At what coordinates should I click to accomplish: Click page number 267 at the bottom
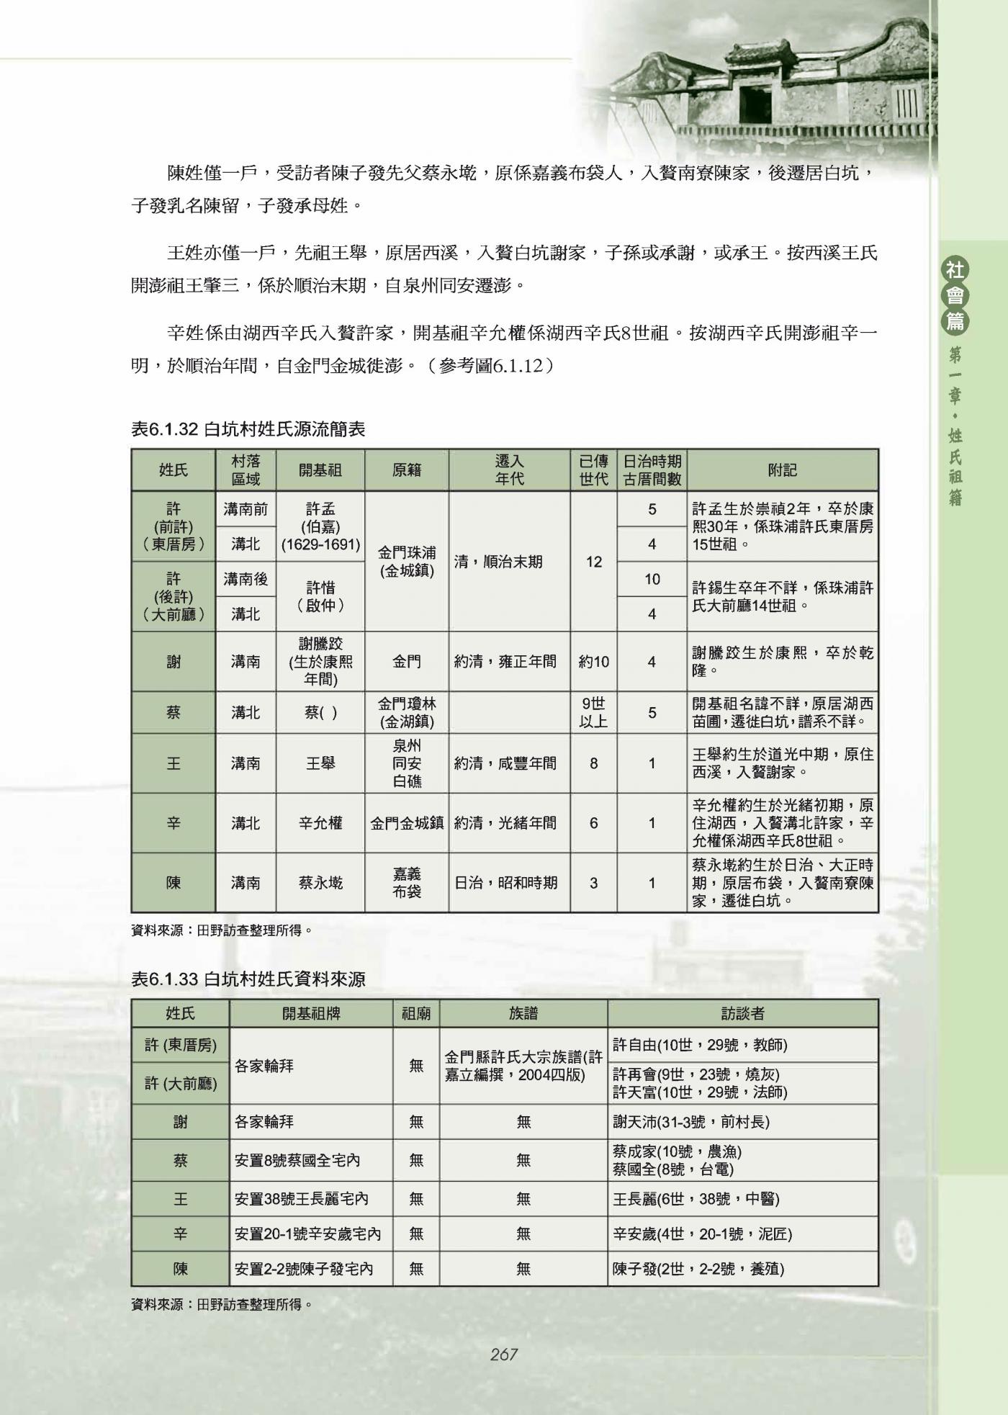click(x=503, y=1355)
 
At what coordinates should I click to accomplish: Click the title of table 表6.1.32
click(x=248, y=429)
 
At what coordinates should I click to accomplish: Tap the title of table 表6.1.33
click(x=248, y=979)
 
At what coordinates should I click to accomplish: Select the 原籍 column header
click(x=406, y=470)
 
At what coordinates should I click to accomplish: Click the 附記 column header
click(x=783, y=470)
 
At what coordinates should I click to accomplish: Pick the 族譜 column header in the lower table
click(x=523, y=1014)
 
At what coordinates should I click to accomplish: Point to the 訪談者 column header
click(x=742, y=1014)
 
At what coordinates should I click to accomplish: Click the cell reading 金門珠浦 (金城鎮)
click(x=406, y=562)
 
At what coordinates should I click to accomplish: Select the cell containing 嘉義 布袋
click(x=406, y=883)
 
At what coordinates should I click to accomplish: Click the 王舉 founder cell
click(x=320, y=763)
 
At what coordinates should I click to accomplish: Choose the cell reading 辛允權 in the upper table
click(x=320, y=823)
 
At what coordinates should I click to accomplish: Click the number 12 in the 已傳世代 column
click(x=593, y=562)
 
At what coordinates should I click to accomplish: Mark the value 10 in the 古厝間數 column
click(x=652, y=579)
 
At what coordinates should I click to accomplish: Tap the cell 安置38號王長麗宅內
click(x=302, y=1199)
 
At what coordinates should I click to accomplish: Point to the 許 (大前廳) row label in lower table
click(x=180, y=1084)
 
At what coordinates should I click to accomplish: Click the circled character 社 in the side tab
click(x=955, y=271)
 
